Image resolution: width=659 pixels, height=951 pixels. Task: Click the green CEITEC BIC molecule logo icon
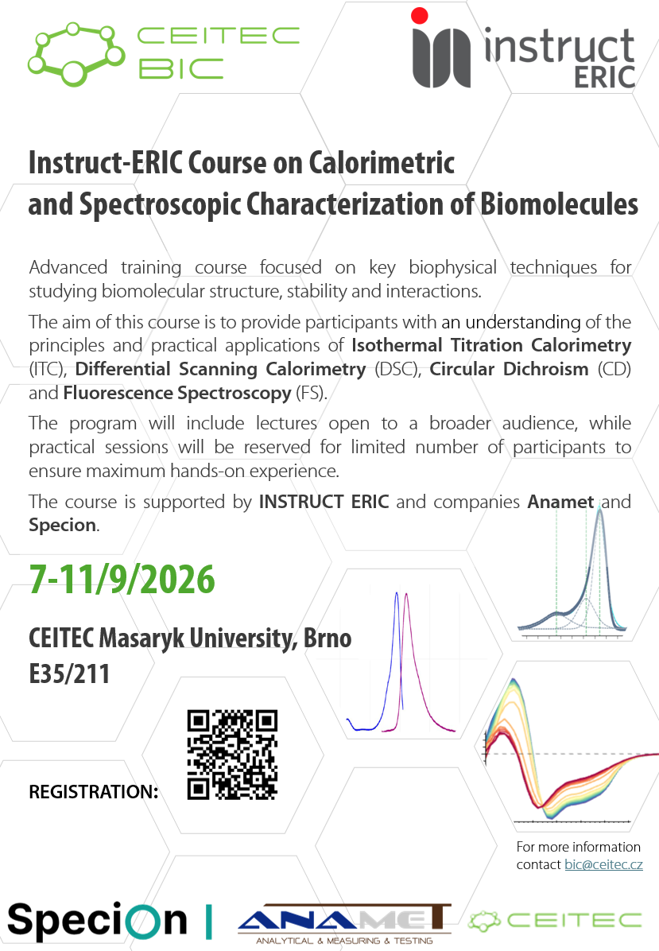tap(76, 54)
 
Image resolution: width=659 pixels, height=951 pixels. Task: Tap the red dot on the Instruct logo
tap(420, 16)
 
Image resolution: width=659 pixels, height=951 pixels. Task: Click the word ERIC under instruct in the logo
tap(604, 77)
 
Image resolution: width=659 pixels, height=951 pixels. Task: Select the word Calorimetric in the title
tap(382, 162)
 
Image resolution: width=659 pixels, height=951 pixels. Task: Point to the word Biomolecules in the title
tap(559, 204)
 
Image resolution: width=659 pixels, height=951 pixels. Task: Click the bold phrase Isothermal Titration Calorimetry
tap(492, 345)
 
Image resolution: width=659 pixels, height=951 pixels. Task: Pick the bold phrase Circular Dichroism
tap(510, 369)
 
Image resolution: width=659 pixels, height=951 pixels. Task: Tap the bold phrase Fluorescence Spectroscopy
tap(177, 393)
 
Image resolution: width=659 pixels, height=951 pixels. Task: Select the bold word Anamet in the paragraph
tap(560, 502)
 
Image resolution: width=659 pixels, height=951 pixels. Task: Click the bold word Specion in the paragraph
tap(63, 526)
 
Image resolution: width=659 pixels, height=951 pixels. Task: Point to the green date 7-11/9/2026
tap(122, 579)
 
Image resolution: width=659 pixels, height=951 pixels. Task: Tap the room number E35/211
tap(69, 673)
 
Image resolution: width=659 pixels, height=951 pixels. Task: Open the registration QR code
tap(232, 755)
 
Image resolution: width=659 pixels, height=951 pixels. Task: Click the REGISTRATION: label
tap(93, 791)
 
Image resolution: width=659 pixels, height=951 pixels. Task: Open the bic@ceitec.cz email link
tap(604, 864)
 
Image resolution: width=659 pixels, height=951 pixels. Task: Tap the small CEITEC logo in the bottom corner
tap(555, 921)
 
